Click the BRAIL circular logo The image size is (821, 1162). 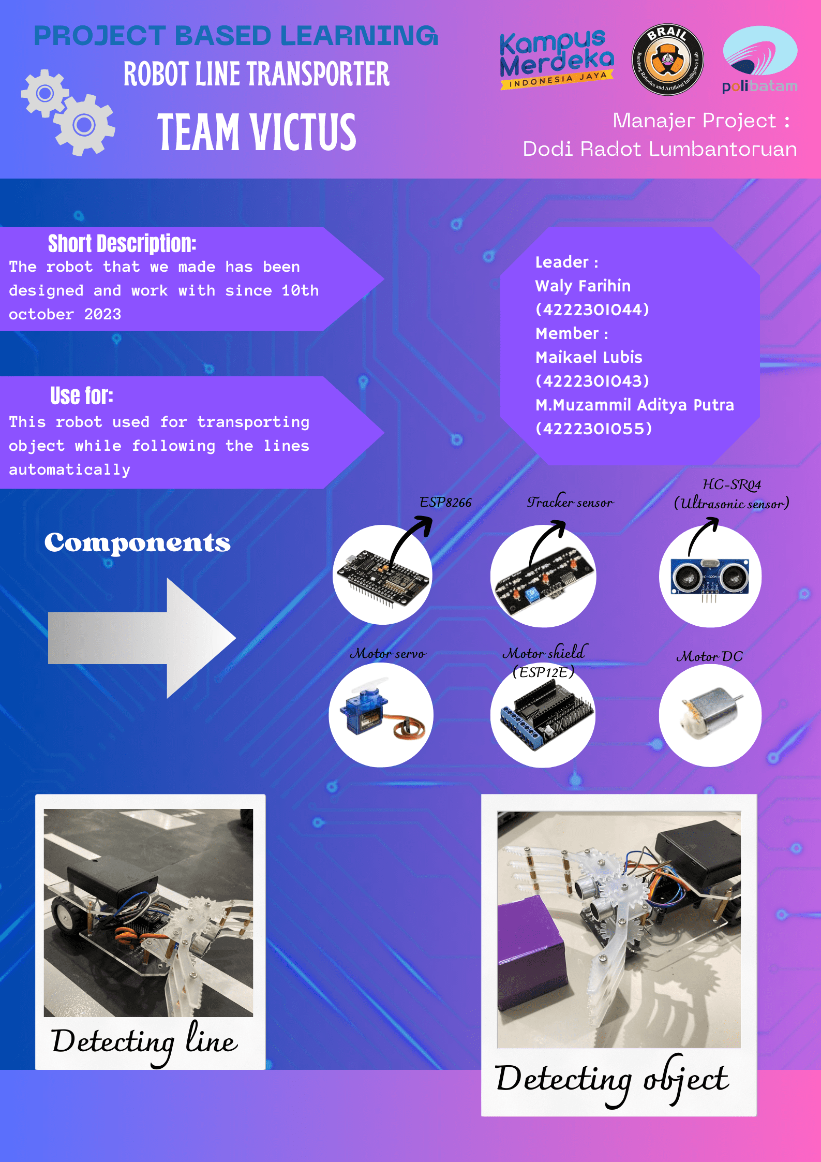[667, 60]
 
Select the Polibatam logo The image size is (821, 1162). [759, 60]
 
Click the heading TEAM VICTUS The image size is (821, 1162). [257, 133]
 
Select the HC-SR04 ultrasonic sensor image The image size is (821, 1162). [710, 576]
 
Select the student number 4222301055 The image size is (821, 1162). [594, 429]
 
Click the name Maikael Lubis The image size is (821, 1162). [589, 357]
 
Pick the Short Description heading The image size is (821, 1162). [122, 243]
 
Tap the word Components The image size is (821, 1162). [138, 543]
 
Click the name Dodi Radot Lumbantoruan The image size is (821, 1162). [660, 149]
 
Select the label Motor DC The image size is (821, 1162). [710, 657]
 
